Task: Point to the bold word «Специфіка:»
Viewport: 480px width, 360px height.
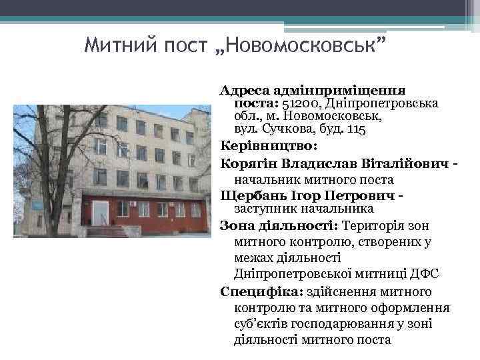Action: pos(259,291)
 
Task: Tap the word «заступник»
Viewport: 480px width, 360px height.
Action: pos(264,209)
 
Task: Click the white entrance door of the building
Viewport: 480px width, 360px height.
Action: pos(100,213)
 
